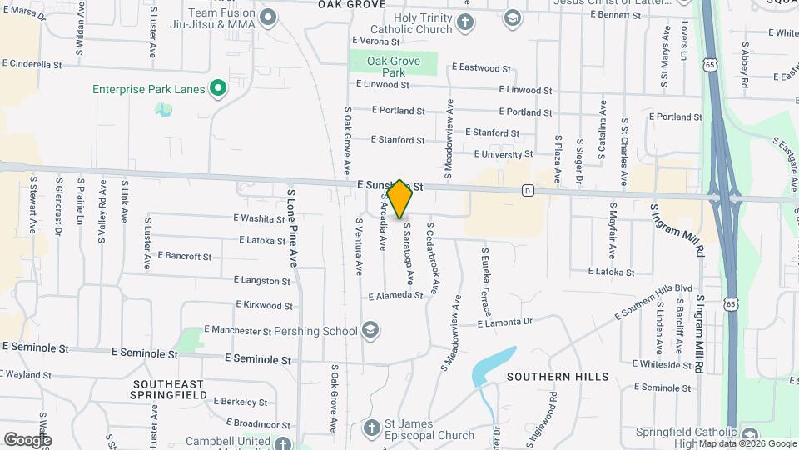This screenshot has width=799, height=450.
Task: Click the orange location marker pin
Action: coord(399,198)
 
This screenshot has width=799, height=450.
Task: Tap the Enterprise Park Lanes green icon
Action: coord(218,88)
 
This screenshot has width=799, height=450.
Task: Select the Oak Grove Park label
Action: coord(394,67)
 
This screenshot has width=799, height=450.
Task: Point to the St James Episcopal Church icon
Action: coord(375,429)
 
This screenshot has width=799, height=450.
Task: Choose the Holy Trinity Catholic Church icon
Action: coord(466,22)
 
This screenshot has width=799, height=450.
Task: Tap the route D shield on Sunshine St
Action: coord(528,190)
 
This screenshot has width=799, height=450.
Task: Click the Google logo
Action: coord(27,439)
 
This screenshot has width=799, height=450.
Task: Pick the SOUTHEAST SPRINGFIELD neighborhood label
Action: coord(167,388)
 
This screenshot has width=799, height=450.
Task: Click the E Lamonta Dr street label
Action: coord(505,322)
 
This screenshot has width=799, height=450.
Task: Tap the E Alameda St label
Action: coord(396,296)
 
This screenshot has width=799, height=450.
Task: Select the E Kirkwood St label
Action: coord(264,306)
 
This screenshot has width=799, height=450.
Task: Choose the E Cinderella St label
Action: coord(32,63)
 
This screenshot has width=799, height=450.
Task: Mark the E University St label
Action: coord(503,154)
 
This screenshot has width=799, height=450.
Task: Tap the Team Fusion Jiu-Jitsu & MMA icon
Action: coord(268,17)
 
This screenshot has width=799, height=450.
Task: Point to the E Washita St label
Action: coord(260,219)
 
